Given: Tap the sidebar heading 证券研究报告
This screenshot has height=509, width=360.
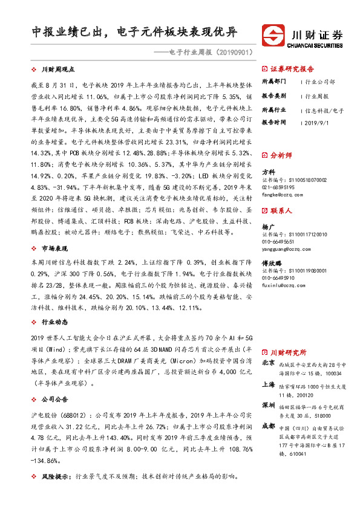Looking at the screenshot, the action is [292, 68].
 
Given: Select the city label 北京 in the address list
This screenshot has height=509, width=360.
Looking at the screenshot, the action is [269, 363].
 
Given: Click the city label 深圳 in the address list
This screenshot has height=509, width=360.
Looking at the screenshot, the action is [269, 404].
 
